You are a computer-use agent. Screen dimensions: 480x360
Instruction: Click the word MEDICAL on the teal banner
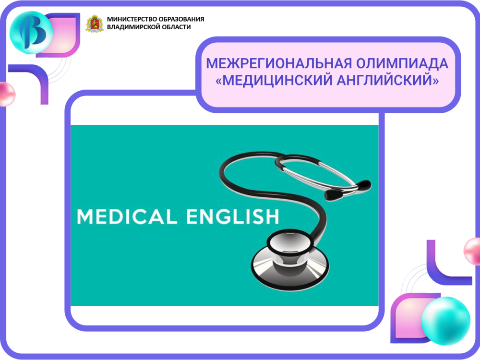[127, 216]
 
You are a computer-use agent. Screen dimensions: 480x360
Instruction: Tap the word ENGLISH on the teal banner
[233, 216]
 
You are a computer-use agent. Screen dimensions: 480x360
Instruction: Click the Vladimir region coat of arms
[95, 24]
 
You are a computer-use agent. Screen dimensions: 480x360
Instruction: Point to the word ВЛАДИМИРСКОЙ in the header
[132, 27]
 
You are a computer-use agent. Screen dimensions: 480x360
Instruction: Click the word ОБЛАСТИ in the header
[175, 27]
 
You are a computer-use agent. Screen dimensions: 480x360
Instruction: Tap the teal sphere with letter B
[31, 33]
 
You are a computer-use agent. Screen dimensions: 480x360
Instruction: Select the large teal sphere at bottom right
[445, 321]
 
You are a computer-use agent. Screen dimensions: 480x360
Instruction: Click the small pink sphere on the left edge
[6, 94]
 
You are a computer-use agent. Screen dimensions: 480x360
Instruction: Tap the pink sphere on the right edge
[472, 251]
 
